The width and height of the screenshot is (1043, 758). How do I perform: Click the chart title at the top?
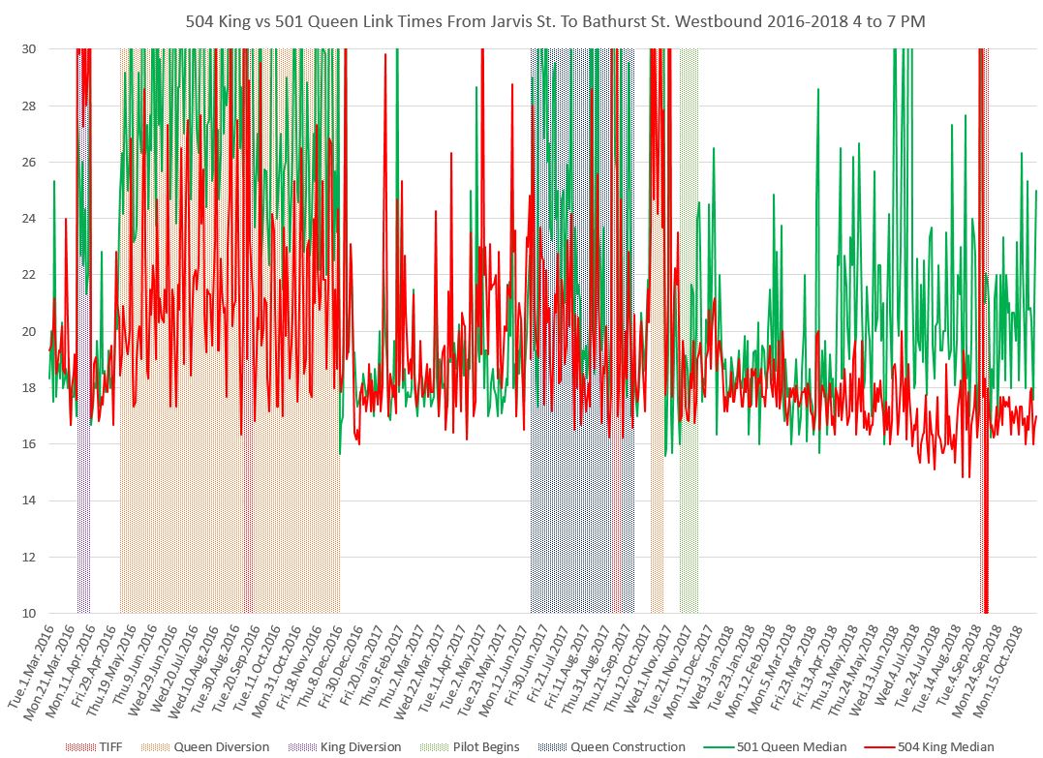click(x=521, y=21)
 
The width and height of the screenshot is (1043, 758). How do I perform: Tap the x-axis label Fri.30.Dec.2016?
click(x=344, y=668)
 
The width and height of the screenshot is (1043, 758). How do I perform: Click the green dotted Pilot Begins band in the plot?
click(x=689, y=387)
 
